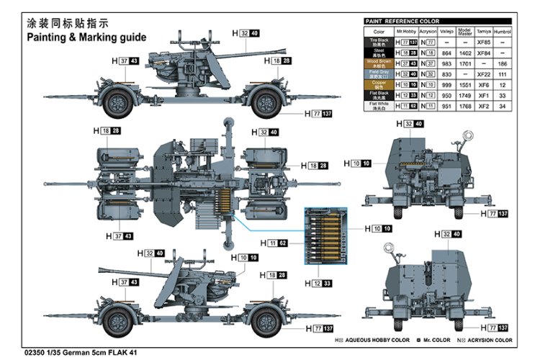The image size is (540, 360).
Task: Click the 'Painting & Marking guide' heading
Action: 86,37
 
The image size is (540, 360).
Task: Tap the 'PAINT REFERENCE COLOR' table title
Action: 403,22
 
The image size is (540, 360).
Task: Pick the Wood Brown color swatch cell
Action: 379,63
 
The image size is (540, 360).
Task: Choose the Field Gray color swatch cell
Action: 379,73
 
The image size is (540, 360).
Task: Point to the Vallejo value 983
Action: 446,63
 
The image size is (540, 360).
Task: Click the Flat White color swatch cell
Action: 379,105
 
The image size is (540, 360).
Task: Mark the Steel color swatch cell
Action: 379,53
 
